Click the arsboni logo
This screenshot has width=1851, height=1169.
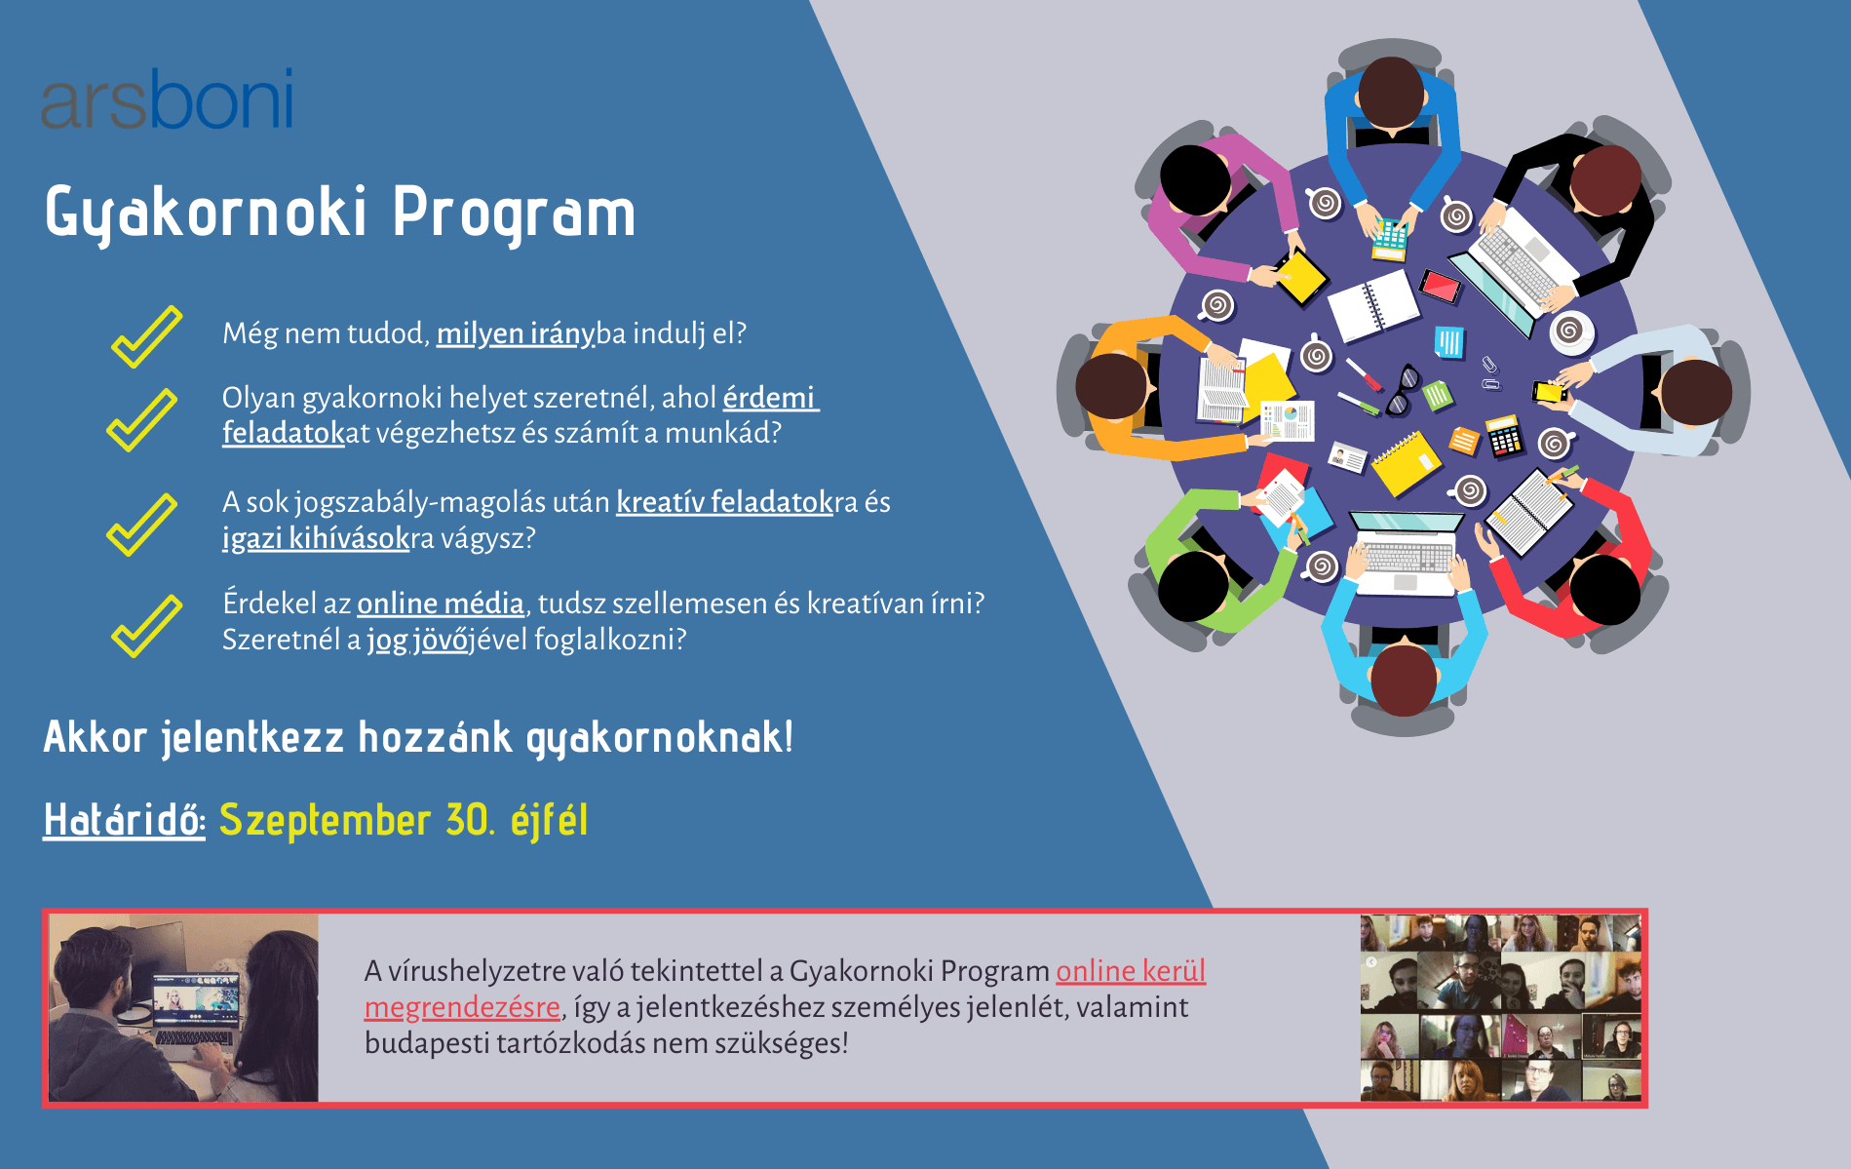tap(167, 98)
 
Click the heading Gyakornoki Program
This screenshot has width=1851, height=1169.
tap(340, 213)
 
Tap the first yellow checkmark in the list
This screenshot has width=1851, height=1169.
tap(147, 336)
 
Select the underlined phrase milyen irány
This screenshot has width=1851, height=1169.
tap(515, 334)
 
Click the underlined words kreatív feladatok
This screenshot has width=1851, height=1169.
tap(724, 503)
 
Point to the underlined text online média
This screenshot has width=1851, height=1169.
tap(441, 604)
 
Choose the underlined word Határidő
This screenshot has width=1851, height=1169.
tap(124, 820)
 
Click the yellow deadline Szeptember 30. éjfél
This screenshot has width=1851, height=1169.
tap(404, 820)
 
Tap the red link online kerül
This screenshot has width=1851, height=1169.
tap(1131, 972)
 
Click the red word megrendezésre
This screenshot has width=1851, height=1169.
tap(462, 1008)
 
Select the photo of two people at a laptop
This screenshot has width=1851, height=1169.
tap(183, 1008)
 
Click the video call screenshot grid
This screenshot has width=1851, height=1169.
tap(1501, 1008)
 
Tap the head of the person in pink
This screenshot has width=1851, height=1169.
tap(1195, 180)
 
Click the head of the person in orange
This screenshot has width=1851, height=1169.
tap(1111, 387)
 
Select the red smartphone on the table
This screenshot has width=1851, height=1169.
tap(1440, 286)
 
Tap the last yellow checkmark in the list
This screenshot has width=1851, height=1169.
tap(147, 626)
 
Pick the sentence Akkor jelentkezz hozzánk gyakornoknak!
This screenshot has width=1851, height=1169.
tap(418, 738)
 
